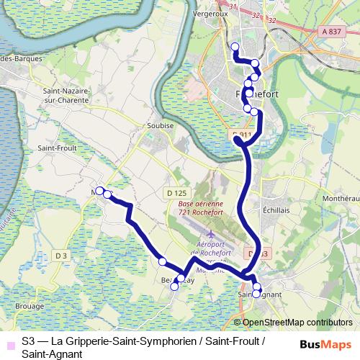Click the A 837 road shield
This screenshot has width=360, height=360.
pos(332,31)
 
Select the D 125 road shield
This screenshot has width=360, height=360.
pos(176,193)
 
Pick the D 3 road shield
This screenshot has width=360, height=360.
pos(60,255)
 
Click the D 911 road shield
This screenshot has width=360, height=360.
pos(241,134)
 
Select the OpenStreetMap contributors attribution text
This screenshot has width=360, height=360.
pos(297,323)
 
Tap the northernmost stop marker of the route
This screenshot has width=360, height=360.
pos(234,47)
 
